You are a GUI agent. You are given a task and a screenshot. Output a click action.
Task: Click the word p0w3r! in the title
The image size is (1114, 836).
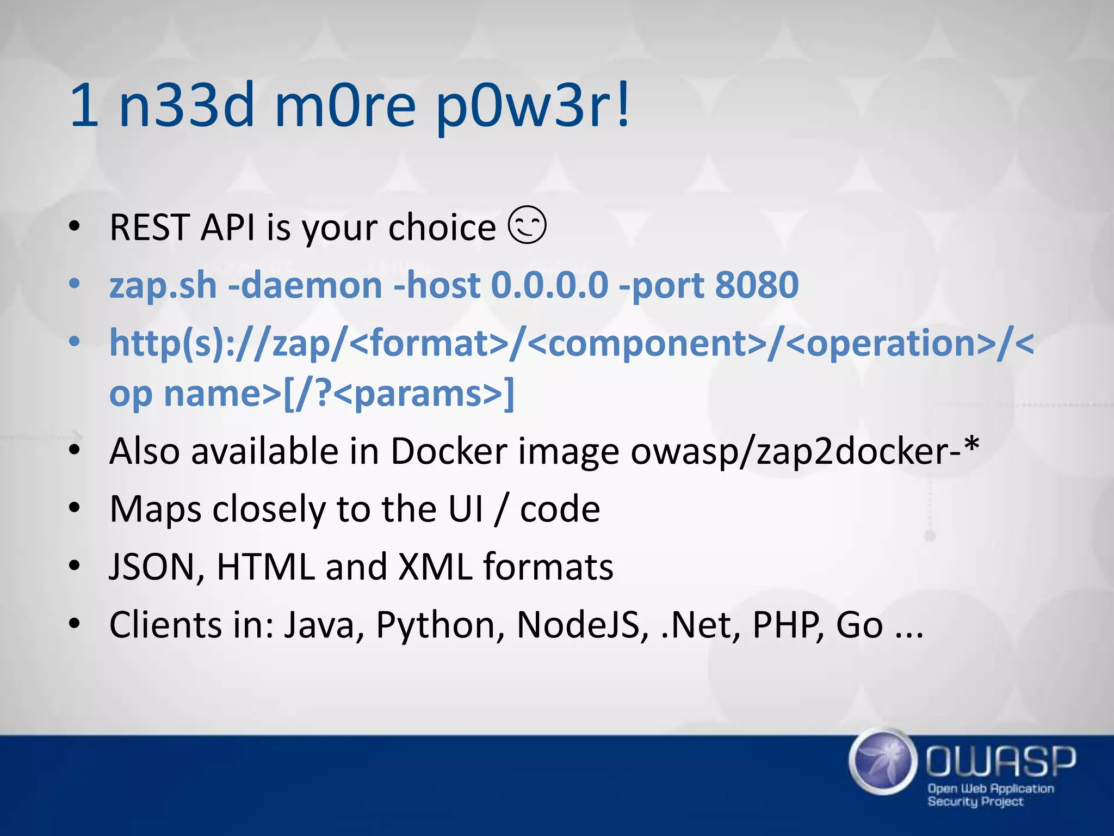pos(533,106)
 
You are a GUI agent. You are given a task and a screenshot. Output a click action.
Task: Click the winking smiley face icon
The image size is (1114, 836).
pos(527,225)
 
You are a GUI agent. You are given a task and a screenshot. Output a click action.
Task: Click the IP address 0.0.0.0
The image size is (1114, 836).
pos(549,285)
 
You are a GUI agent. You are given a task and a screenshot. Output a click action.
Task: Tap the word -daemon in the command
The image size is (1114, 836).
pos(305,285)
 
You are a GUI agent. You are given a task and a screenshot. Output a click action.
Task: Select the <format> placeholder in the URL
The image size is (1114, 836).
pos(429,343)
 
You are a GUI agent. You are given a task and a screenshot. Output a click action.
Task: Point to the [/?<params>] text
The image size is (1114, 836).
pos(399,394)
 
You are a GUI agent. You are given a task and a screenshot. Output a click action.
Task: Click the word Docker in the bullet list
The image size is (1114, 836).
pos(449,452)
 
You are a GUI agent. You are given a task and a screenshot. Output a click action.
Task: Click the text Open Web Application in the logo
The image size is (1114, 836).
pos(991,789)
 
